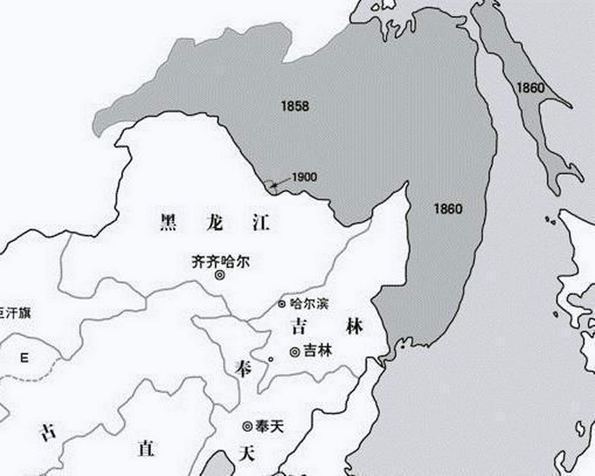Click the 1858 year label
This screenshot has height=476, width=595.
295,106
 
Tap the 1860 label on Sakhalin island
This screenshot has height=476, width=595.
530,88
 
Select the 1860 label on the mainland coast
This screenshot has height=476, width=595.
448,209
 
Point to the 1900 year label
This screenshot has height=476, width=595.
304,177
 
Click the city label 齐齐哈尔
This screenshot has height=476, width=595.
221,262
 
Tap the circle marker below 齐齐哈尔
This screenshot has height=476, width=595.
220,276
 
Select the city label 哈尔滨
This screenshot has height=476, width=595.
309,304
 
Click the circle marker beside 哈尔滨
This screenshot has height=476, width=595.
282,304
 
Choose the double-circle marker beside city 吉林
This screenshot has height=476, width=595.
295,352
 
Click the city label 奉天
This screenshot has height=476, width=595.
269,426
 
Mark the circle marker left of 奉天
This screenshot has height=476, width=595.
248,427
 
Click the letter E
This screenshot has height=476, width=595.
24,358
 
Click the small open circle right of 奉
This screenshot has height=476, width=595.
271,359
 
